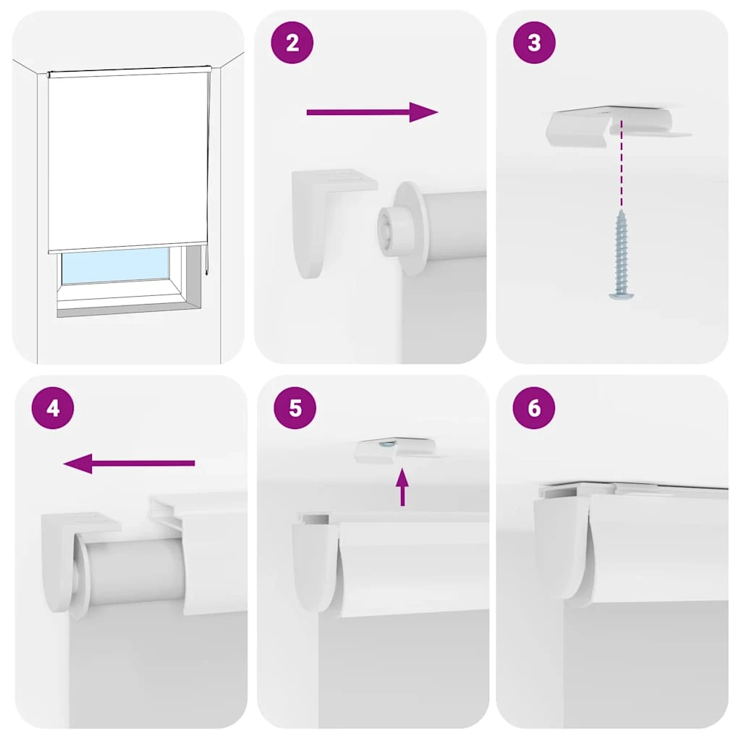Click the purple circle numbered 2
point(292,43)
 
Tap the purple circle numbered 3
point(534,43)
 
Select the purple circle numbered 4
point(53,408)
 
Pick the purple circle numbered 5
point(295,408)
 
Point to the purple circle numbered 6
point(534,408)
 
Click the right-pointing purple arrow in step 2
point(373,112)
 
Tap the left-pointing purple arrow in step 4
point(129,463)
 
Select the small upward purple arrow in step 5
point(402,487)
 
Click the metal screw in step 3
point(620,255)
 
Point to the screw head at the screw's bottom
point(620,295)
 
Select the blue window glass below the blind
point(116,266)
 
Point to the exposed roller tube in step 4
point(135,573)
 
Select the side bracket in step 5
point(314,562)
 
